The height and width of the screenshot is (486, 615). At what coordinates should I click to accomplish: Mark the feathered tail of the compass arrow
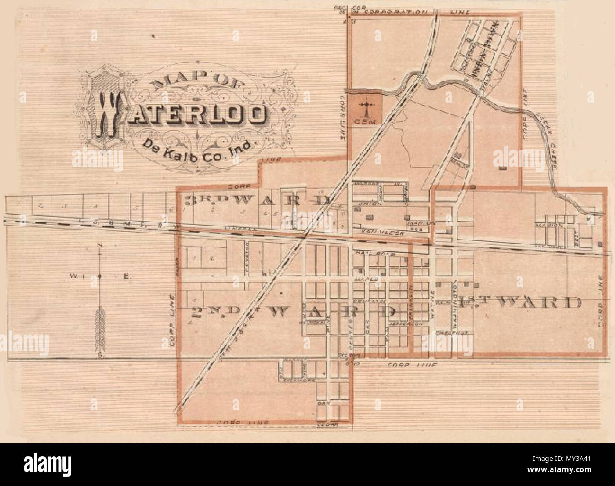click(100, 324)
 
